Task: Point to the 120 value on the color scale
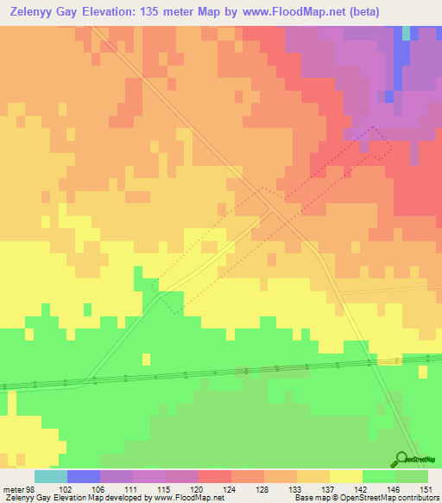point(199,489)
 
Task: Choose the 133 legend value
point(296,489)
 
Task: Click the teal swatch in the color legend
point(51,476)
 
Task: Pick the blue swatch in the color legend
point(84,476)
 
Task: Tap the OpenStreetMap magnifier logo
point(402,460)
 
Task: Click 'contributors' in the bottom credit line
point(419,499)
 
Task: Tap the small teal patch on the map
point(406,33)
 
